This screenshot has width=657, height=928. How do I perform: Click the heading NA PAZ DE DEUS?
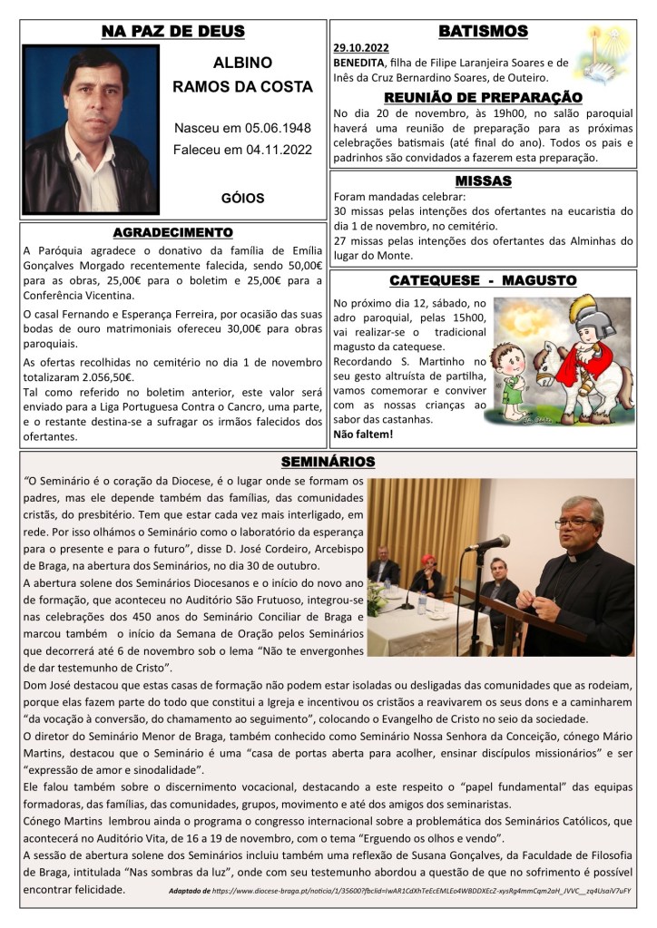(x=172, y=32)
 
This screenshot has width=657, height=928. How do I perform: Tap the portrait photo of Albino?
(x=78, y=129)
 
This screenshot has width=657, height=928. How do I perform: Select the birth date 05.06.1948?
(x=272, y=129)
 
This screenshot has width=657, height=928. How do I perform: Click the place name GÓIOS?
(x=242, y=196)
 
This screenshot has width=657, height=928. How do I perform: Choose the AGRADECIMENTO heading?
(x=172, y=232)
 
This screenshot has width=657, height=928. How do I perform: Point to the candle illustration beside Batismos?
(x=606, y=54)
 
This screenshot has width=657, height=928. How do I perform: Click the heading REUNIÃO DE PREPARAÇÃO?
(x=482, y=97)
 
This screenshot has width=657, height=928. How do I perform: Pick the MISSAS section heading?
(x=482, y=181)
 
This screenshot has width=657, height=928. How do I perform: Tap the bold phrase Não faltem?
(x=363, y=435)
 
